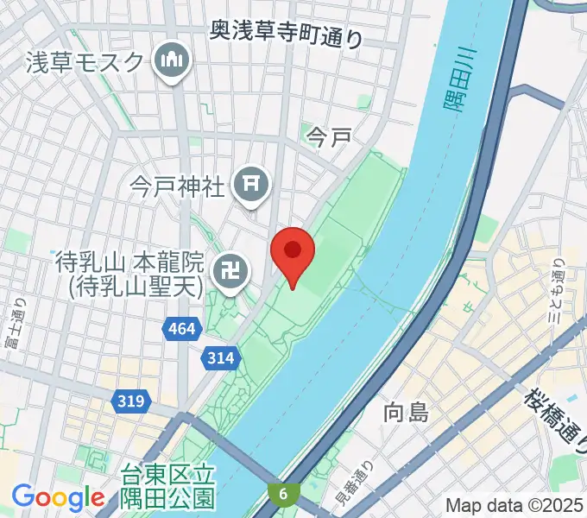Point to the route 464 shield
[x=182, y=328]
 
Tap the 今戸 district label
[x=329, y=136]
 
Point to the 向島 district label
[x=406, y=413]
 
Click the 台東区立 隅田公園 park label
[x=167, y=486]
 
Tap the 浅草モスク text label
[x=84, y=61]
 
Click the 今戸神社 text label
[x=178, y=184]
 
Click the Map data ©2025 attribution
[x=513, y=505]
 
